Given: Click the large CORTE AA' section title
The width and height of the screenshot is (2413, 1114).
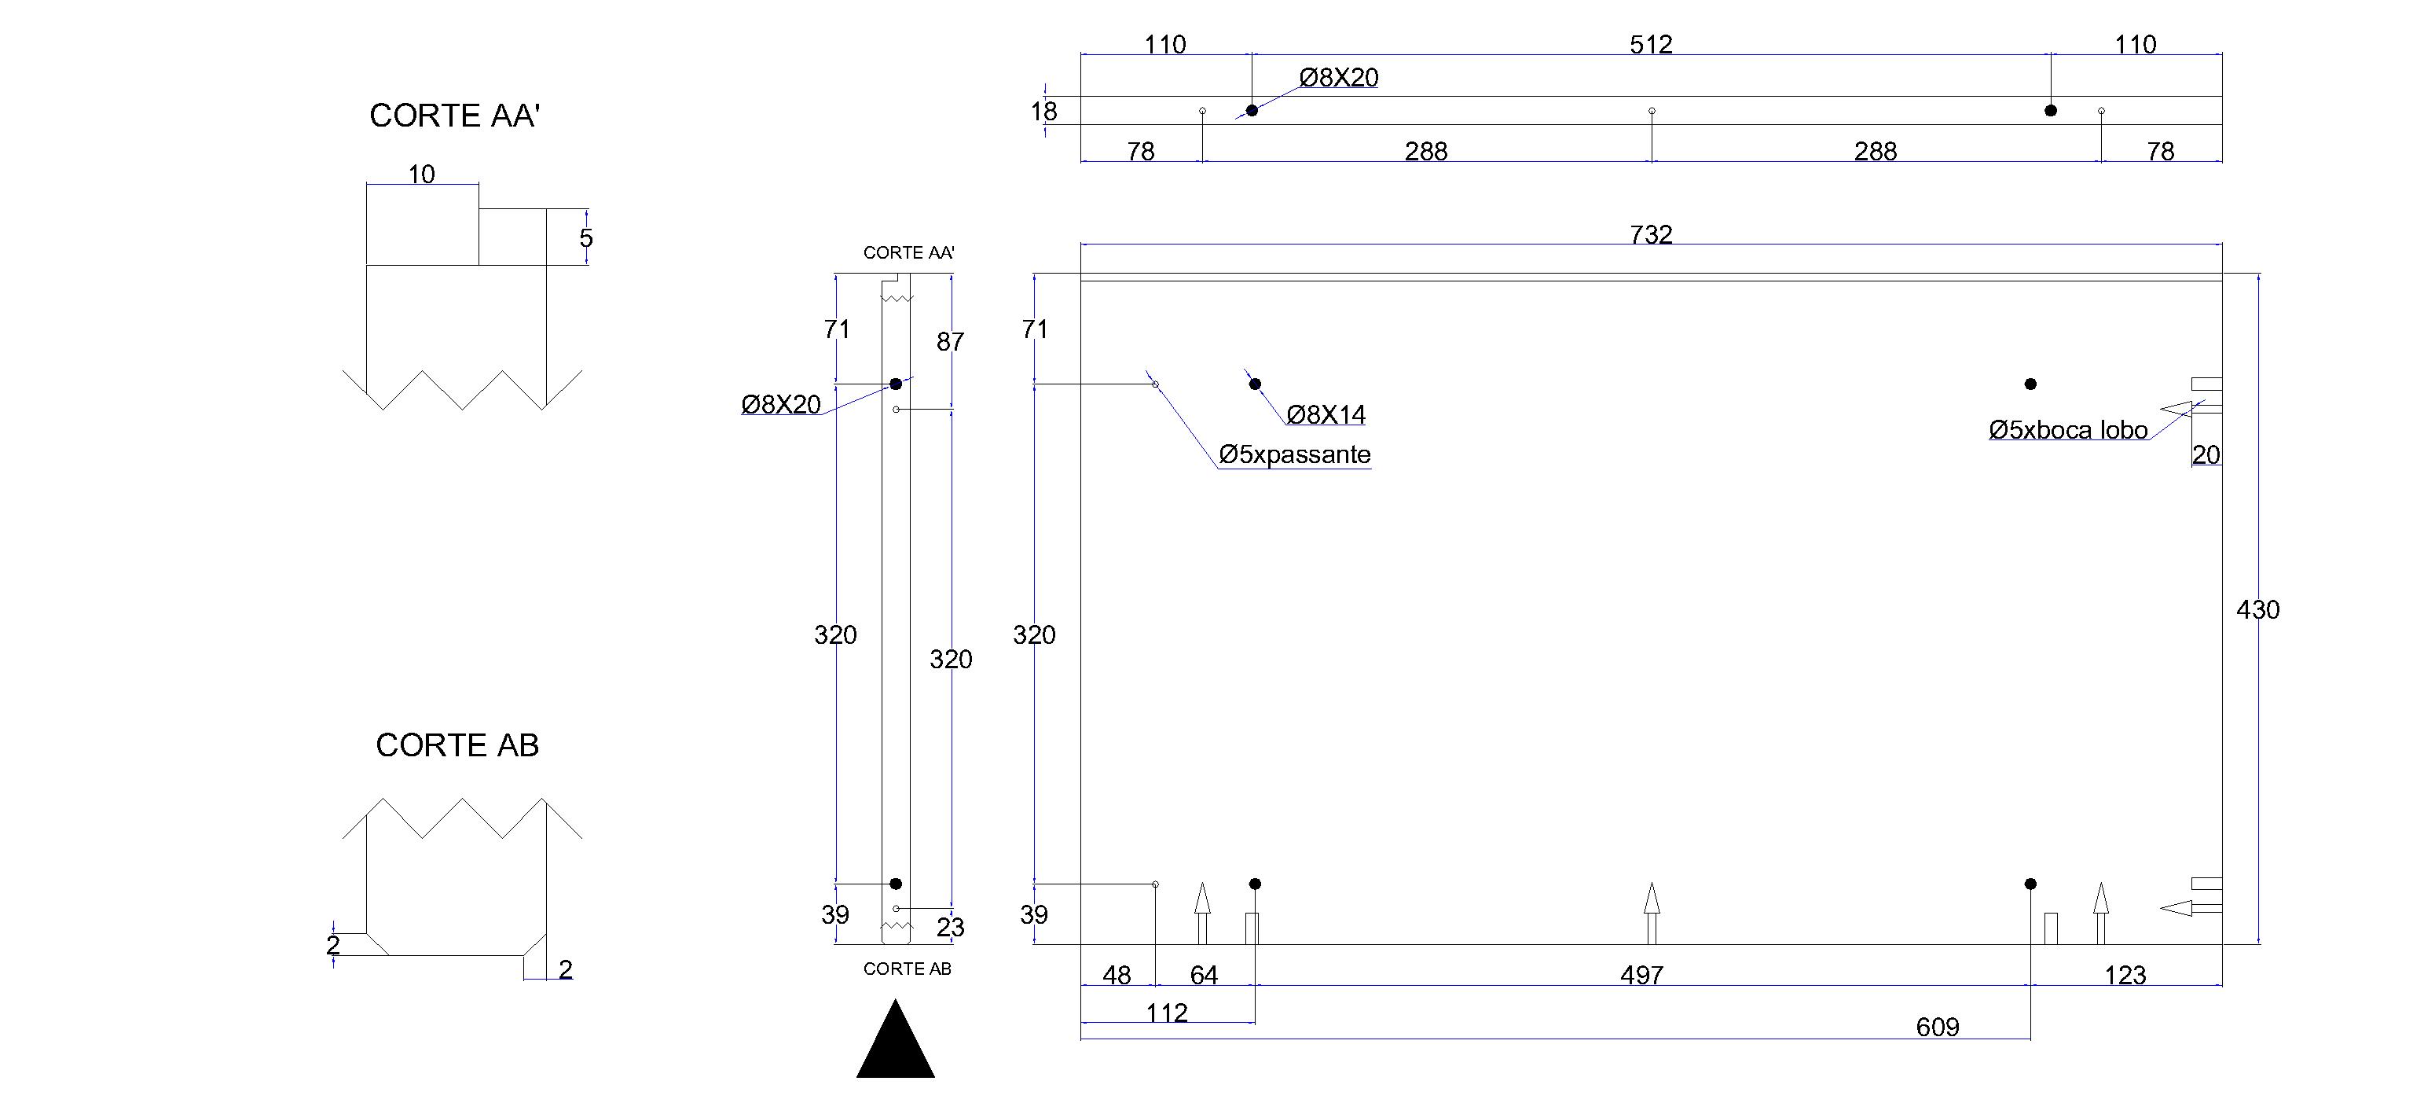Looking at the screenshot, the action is [455, 116].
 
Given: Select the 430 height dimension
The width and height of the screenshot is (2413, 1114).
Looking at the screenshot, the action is [2257, 610].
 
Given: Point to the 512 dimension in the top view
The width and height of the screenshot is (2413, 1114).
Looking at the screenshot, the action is [1651, 44].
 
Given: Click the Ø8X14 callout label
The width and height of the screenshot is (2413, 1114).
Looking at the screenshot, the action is [1326, 414].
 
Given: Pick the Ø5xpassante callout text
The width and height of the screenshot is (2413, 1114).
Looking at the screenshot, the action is [1295, 454].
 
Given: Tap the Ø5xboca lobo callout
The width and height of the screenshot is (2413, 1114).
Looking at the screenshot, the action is [2068, 430].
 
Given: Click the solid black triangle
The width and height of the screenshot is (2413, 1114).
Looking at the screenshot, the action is [896, 1039].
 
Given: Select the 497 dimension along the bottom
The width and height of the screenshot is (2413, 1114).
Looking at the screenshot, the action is [1641, 976].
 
